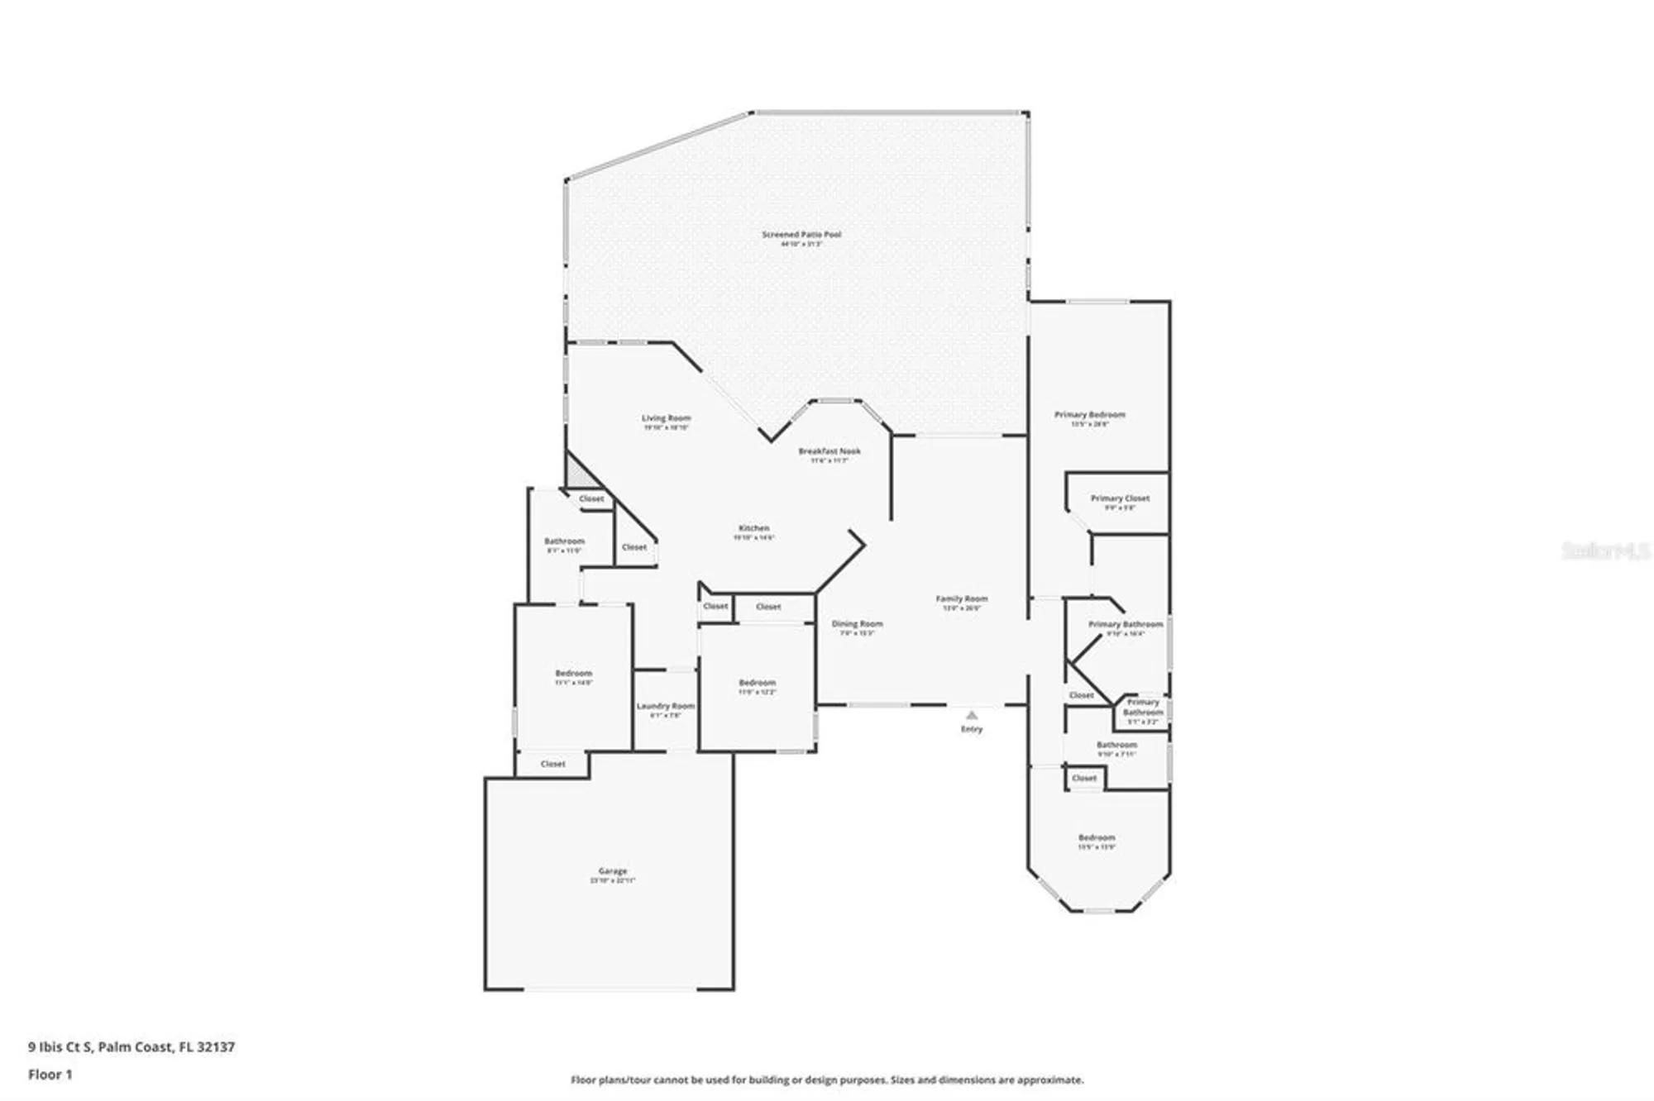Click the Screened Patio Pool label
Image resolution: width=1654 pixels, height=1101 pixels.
801,235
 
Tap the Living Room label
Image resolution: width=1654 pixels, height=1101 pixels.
666,418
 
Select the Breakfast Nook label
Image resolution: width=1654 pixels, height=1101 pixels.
829,451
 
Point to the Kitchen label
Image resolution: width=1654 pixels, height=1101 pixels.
753,528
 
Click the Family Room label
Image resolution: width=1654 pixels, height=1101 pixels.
961,598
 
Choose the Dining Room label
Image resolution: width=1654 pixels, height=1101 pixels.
857,624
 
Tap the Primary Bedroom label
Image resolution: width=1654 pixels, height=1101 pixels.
1089,415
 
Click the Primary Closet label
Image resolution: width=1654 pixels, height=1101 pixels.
1120,498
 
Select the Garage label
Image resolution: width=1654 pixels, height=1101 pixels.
613,871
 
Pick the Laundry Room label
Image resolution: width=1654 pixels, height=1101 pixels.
665,706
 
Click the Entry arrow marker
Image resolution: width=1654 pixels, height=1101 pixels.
972,715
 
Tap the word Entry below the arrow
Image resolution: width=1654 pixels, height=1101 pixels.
972,729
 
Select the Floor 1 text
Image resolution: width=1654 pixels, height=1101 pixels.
50,1075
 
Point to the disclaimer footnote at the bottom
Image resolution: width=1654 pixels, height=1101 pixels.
827,1080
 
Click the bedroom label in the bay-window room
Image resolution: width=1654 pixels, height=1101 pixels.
1096,837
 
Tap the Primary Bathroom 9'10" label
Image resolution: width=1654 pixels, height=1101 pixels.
1125,625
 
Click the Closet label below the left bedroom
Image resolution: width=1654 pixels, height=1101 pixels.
552,764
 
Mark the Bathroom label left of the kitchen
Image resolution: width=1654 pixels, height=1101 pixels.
564,541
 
